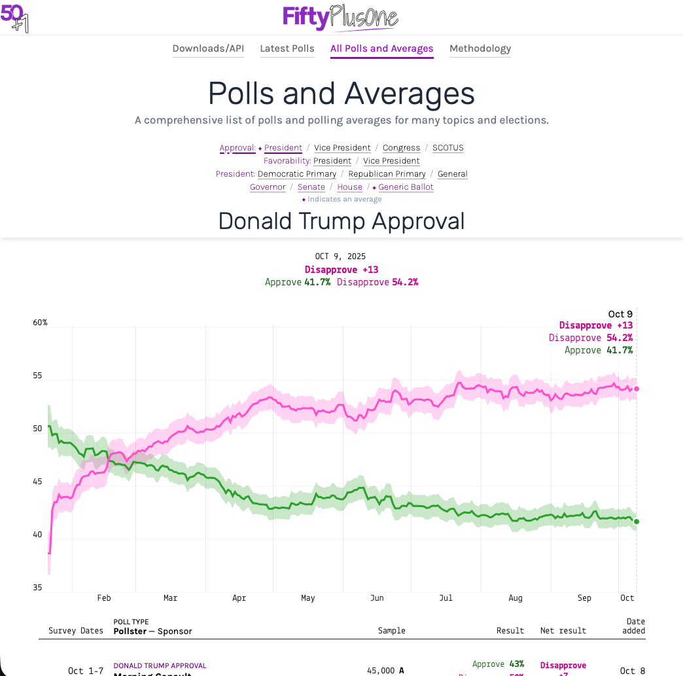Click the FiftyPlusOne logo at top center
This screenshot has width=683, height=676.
[x=340, y=17]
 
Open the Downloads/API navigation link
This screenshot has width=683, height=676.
[x=208, y=48]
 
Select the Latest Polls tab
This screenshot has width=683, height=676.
[x=287, y=48]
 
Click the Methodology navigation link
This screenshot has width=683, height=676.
[x=480, y=48]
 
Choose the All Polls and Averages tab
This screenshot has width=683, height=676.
[x=381, y=48]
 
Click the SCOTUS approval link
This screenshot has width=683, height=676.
[x=447, y=148]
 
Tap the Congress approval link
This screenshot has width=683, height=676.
[x=401, y=148]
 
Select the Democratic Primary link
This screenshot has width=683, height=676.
[x=297, y=174]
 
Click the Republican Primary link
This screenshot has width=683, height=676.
[x=387, y=174]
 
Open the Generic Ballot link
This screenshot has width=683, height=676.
[x=406, y=187]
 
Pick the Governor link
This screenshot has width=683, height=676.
[x=268, y=187]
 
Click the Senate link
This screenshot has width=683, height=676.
[x=311, y=187]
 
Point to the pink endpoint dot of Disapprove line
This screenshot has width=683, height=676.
[x=637, y=389]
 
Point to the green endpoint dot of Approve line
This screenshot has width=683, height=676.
[x=637, y=522]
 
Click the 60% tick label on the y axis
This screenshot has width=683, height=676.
[x=41, y=323]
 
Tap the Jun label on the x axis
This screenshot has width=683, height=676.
[x=377, y=598]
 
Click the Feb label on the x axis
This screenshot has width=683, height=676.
[x=104, y=598]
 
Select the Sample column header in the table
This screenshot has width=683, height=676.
[x=391, y=631]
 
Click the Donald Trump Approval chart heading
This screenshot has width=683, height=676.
[x=341, y=221]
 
